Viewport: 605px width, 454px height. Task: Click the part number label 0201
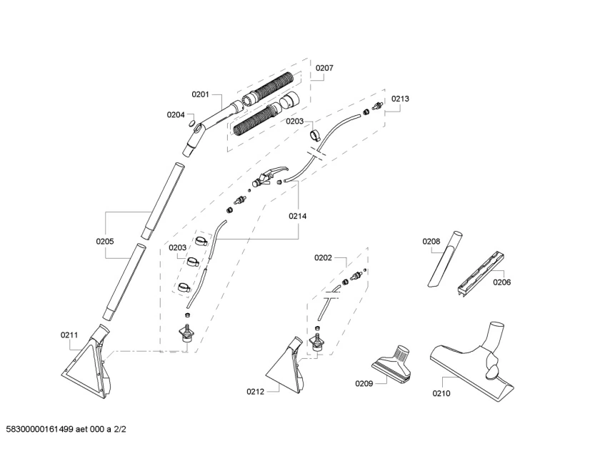coord(200,94)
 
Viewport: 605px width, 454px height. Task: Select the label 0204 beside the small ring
coord(176,114)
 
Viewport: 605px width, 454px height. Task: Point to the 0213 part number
coord(400,99)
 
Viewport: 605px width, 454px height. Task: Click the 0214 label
coord(298,215)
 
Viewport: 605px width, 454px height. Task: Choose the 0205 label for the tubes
coord(105,241)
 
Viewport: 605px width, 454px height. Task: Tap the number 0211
coord(69,334)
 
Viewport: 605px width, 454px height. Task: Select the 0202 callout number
coord(323,257)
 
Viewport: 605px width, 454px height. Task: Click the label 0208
coord(431,241)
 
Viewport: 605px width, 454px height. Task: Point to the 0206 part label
coord(501,282)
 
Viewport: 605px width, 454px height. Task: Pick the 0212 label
coord(255,391)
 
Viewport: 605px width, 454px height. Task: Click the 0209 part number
coord(364,383)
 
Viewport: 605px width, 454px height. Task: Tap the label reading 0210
coord(441,392)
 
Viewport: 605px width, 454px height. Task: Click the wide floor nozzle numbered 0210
coord(471,365)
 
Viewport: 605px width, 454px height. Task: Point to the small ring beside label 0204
coord(191,122)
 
